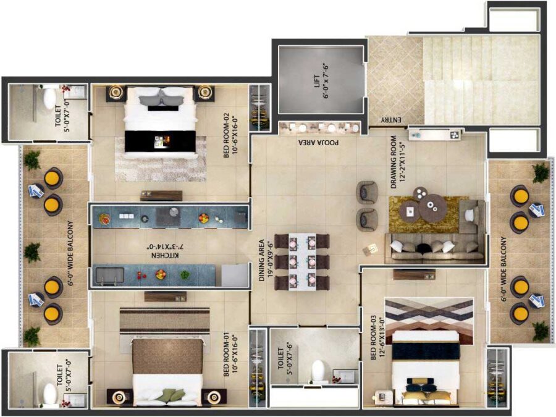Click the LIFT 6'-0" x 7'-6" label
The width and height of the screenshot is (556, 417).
click(321, 81)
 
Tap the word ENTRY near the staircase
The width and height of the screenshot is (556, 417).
click(391, 120)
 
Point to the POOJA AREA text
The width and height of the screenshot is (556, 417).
click(318, 143)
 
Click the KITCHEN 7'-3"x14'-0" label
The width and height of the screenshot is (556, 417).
click(166, 251)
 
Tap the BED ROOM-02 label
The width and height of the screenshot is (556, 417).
click(230, 135)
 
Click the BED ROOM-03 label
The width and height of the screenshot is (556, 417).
click(377, 339)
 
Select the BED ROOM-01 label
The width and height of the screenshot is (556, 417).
click(230, 355)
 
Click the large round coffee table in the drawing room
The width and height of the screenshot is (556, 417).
click(432, 208)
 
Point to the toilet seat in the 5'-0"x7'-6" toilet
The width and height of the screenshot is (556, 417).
click(318, 371)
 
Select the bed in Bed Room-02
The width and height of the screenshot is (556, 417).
click(160, 122)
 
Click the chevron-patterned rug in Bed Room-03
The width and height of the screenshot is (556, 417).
click(429, 321)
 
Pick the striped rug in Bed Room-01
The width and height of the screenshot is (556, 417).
click(164, 321)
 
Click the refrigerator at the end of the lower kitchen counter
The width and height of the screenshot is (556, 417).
click(234, 275)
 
